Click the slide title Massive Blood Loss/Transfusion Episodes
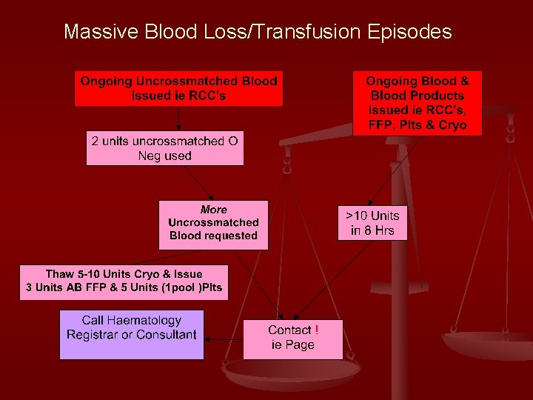(x=257, y=32)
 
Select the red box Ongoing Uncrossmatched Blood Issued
(x=178, y=88)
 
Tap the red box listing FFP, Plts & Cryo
(x=418, y=103)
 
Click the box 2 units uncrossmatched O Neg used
(x=164, y=148)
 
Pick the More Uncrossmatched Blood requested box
(x=213, y=224)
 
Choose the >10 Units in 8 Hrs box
(x=372, y=223)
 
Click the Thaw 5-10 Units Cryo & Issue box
(x=124, y=281)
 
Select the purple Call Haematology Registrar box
(x=132, y=335)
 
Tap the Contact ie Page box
(x=293, y=339)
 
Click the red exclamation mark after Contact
(x=317, y=330)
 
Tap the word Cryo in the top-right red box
(x=452, y=125)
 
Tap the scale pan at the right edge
(x=489, y=344)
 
